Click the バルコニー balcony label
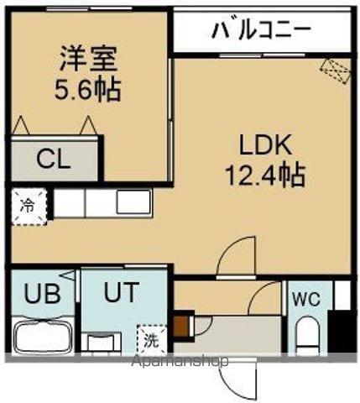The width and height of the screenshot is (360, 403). click(261, 31)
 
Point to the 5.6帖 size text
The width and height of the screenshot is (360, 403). click(87, 89)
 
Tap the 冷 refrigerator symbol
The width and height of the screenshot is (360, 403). click(27, 204)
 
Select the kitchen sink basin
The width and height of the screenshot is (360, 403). click(133, 202)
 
